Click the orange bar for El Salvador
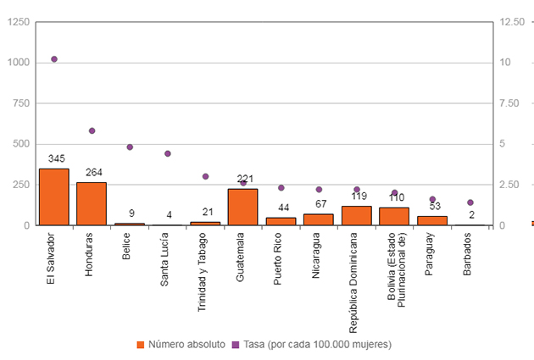54,197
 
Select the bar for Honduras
92,203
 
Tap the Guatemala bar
242,207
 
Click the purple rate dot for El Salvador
54,59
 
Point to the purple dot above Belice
130,147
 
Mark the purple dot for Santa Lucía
168,154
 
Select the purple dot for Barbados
470,202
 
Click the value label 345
57,158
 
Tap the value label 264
94,172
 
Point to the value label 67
320,203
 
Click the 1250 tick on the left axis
17,22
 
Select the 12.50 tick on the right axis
513,22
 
